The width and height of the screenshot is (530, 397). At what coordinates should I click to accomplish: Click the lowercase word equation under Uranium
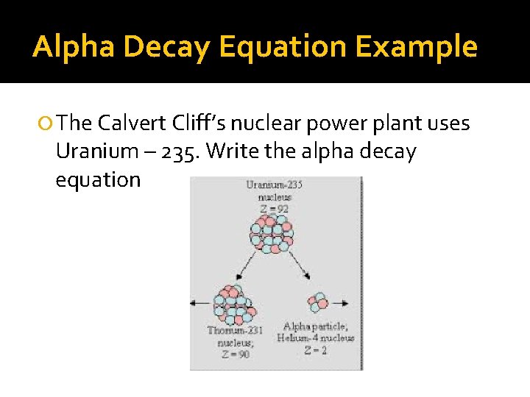[x=98, y=180]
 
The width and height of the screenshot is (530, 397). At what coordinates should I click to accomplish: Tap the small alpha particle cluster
[x=318, y=301]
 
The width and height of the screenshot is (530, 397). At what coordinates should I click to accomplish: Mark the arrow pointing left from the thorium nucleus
[x=199, y=302]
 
